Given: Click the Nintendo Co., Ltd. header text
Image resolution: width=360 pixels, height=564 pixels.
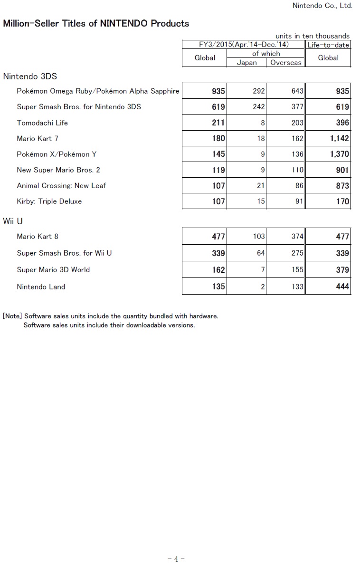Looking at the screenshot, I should (322, 6).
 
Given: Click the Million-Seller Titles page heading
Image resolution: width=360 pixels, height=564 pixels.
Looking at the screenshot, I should (96, 23).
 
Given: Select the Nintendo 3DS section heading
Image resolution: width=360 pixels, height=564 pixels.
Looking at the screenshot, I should (30, 76).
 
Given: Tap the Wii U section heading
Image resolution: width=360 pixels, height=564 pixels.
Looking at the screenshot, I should (13, 221).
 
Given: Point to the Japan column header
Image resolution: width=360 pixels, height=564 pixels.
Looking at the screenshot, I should (246, 63).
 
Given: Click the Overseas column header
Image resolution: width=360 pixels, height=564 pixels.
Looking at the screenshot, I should (285, 63).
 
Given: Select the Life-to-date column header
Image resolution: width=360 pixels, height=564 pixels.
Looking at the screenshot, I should (328, 45).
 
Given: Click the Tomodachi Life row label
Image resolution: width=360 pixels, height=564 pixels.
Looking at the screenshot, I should (42, 123).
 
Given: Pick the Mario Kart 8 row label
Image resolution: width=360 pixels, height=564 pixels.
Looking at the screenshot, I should (38, 236).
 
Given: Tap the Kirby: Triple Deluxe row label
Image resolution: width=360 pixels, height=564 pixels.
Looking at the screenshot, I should (49, 201).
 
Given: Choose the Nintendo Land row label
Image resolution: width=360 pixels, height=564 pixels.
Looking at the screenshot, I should (41, 287).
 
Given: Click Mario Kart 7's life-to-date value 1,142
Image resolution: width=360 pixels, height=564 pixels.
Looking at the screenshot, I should (339, 138).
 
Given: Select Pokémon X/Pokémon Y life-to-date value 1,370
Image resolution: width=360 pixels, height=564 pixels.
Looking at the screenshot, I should (339, 154).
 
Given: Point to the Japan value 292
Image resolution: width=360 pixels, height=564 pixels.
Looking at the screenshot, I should (258, 91).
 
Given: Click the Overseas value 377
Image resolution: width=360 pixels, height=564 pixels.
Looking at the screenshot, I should (297, 107).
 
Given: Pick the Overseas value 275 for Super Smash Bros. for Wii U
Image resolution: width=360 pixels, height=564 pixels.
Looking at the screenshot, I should (297, 253).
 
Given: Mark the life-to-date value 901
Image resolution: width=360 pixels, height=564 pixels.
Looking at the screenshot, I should (342, 170).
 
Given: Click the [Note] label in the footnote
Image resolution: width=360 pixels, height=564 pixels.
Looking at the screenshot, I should (12, 316).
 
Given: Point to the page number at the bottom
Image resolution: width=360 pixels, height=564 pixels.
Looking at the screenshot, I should (176, 559).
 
